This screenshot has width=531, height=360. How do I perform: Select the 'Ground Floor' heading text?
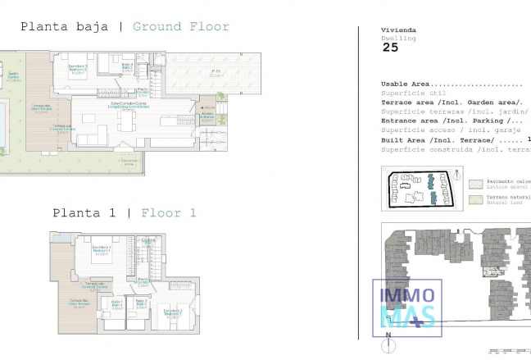(180, 26)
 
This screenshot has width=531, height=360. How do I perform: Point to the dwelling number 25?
(392, 48)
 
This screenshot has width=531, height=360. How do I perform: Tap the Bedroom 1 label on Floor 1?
(102, 253)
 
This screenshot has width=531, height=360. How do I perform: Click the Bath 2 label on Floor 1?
(140, 303)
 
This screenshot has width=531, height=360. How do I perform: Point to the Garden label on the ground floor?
(13, 75)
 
